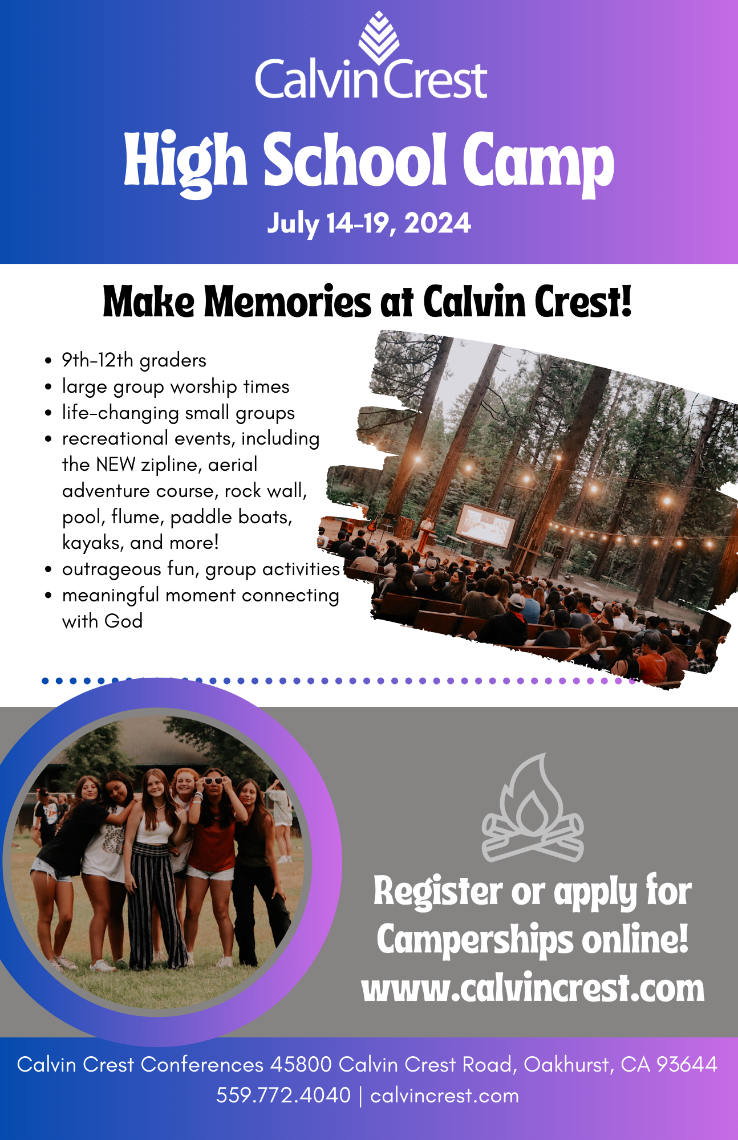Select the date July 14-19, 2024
click(369, 223)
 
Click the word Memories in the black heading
click(287, 302)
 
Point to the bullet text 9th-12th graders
click(134, 360)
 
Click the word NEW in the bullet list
click(116, 465)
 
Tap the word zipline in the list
click(171, 465)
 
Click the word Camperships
click(475, 941)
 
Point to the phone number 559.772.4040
click(283, 1095)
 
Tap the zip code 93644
click(687, 1064)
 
